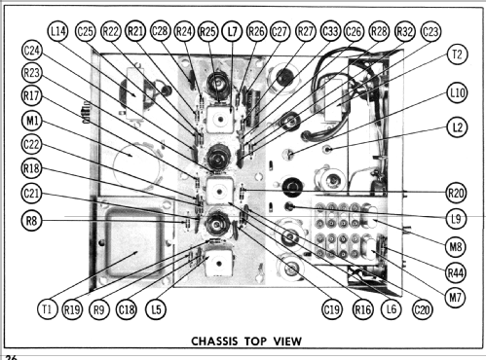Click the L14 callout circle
pos(58,31)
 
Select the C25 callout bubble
pos(86,31)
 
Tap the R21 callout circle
pos(135,31)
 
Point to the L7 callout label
pos(232,31)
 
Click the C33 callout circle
pos(330,31)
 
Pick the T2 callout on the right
pos(457,54)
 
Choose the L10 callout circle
pos(457,93)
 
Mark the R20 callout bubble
pos(456,194)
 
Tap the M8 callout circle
pos(456,247)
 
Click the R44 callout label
pos(456,272)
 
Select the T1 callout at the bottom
pos(47,309)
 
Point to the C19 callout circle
pos(332,309)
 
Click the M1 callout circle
pos(32,122)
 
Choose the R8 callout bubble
pos(31,221)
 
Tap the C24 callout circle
pos(32,51)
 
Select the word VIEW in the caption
pos(287,342)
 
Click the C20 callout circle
pos(422,309)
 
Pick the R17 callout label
pos(32,96)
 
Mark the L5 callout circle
pos(156,309)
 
